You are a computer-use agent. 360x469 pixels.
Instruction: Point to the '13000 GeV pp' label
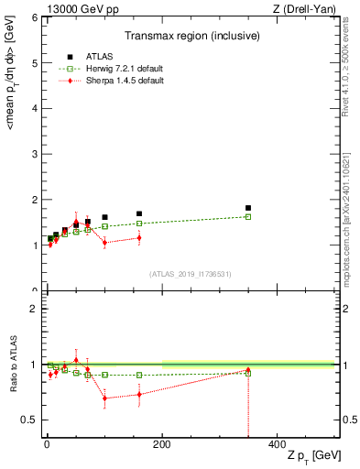click(x=71, y=8)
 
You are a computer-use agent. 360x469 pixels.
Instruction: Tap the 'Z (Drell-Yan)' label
click(x=308, y=8)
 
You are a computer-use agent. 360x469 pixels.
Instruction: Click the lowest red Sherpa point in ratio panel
click(x=104, y=398)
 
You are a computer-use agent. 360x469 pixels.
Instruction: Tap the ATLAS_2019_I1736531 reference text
click(x=189, y=274)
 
